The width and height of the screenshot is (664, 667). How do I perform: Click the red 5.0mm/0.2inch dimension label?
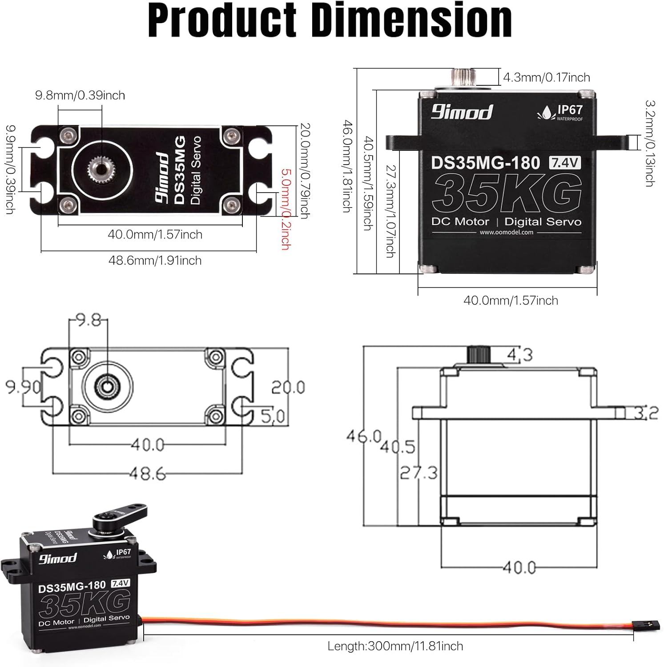pyautogui.click(x=285, y=209)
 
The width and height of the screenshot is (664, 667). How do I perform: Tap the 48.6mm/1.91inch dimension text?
pyautogui.click(x=155, y=260)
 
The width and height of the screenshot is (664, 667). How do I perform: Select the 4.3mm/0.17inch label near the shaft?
pyautogui.click(x=546, y=77)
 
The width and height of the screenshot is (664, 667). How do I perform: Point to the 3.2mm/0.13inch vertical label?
pyautogui.click(x=649, y=143)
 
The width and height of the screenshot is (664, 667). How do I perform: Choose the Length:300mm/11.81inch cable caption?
pyautogui.click(x=395, y=646)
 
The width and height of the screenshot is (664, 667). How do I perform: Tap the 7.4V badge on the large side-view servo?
pyautogui.click(x=565, y=163)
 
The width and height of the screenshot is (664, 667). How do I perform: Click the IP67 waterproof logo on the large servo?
pyautogui.click(x=560, y=112)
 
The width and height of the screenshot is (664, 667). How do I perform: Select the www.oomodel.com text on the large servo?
pyautogui.click(x=506, y=232)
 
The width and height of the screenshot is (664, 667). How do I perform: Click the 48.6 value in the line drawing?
pyautogui.click(x=148, y=474)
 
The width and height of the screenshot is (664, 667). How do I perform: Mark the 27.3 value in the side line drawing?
pyautogui.click(x=419, y=472)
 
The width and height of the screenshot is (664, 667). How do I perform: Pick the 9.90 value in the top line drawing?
pyautogui.click(x=23, y=387)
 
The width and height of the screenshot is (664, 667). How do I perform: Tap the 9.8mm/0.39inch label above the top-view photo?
pyautogui.click(x=80, y=95)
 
